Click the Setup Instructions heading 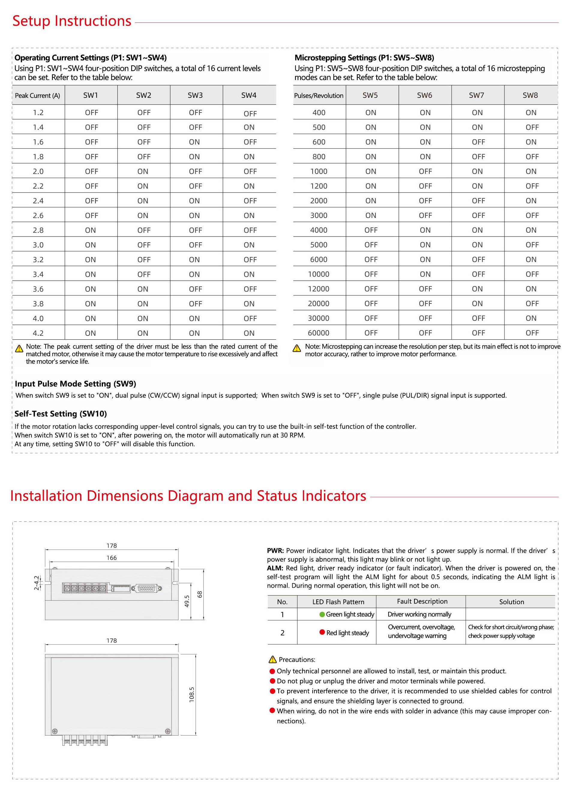[x=72, y=21]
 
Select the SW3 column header [x=195, y=95]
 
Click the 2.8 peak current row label [x=38, y=230]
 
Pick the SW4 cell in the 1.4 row [x=249, y=127]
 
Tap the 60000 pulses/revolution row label [x=318, y=333]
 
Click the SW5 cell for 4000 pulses [x=371, y=230]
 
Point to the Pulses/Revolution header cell [x=318, y=96]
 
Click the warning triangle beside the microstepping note [x=297, y=348]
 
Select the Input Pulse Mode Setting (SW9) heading [x=75, y=384]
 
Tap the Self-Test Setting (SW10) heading [x=61, y=414]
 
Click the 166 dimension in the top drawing [x=111, y=558]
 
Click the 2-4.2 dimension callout [x=36, y=583]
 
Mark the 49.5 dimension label [x=187, y=601]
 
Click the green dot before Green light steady [x=322, y=614]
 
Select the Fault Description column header [x=422, y=601]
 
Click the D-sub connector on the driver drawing [x=146, y=589]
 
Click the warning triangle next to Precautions [x=272, y=660]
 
